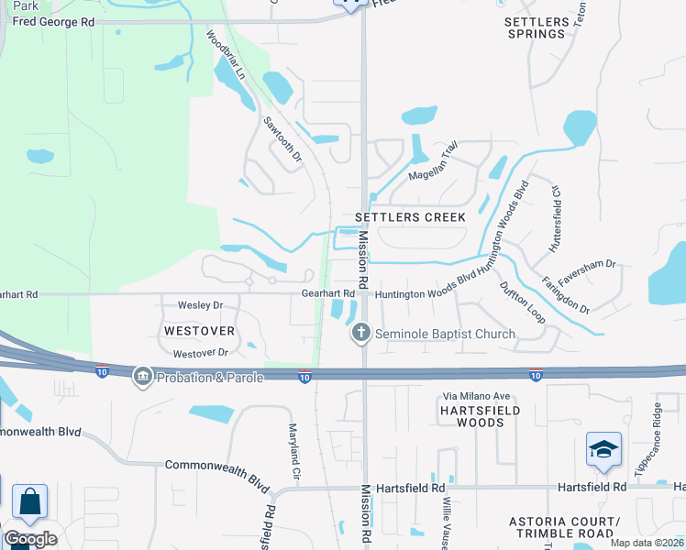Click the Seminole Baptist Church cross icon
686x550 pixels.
[x=361, y=333]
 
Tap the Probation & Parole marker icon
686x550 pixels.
[x=142, y=376]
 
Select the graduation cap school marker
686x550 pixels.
[x=603, y=450]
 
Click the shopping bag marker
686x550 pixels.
[x=29, y=502]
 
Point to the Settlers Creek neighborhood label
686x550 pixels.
[x=399, y=217]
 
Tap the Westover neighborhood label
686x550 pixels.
[x=199, y=330]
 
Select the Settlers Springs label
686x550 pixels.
[x=537, y=27]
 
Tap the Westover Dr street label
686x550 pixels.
[x=200, y=353]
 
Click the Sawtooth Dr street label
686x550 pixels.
[x=282, y=139]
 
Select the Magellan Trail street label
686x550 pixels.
[x=433, y=161]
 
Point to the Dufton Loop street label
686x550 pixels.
[x=522, y=301]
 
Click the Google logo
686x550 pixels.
[x=30, y=539]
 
